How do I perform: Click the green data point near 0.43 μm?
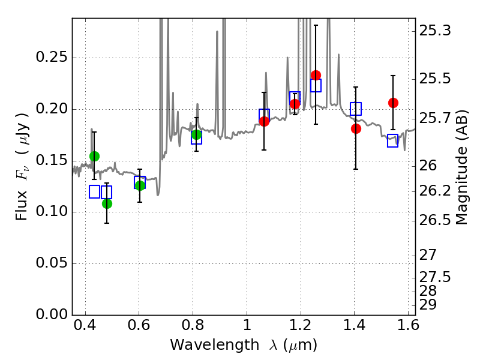click(x=94, y=156)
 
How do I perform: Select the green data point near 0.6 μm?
click(x=140, y=185)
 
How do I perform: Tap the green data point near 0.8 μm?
click(x=196, y=134)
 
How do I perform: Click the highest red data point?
click(x=316, y=75)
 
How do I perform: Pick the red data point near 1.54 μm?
click(x=393, y=103)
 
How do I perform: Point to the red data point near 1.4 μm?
click(x=356, y=128)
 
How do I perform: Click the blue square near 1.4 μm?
click(x=356, y=109)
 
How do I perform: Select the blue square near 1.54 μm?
click(x=393, y=142)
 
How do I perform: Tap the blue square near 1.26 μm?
click(x=316, y=85)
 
